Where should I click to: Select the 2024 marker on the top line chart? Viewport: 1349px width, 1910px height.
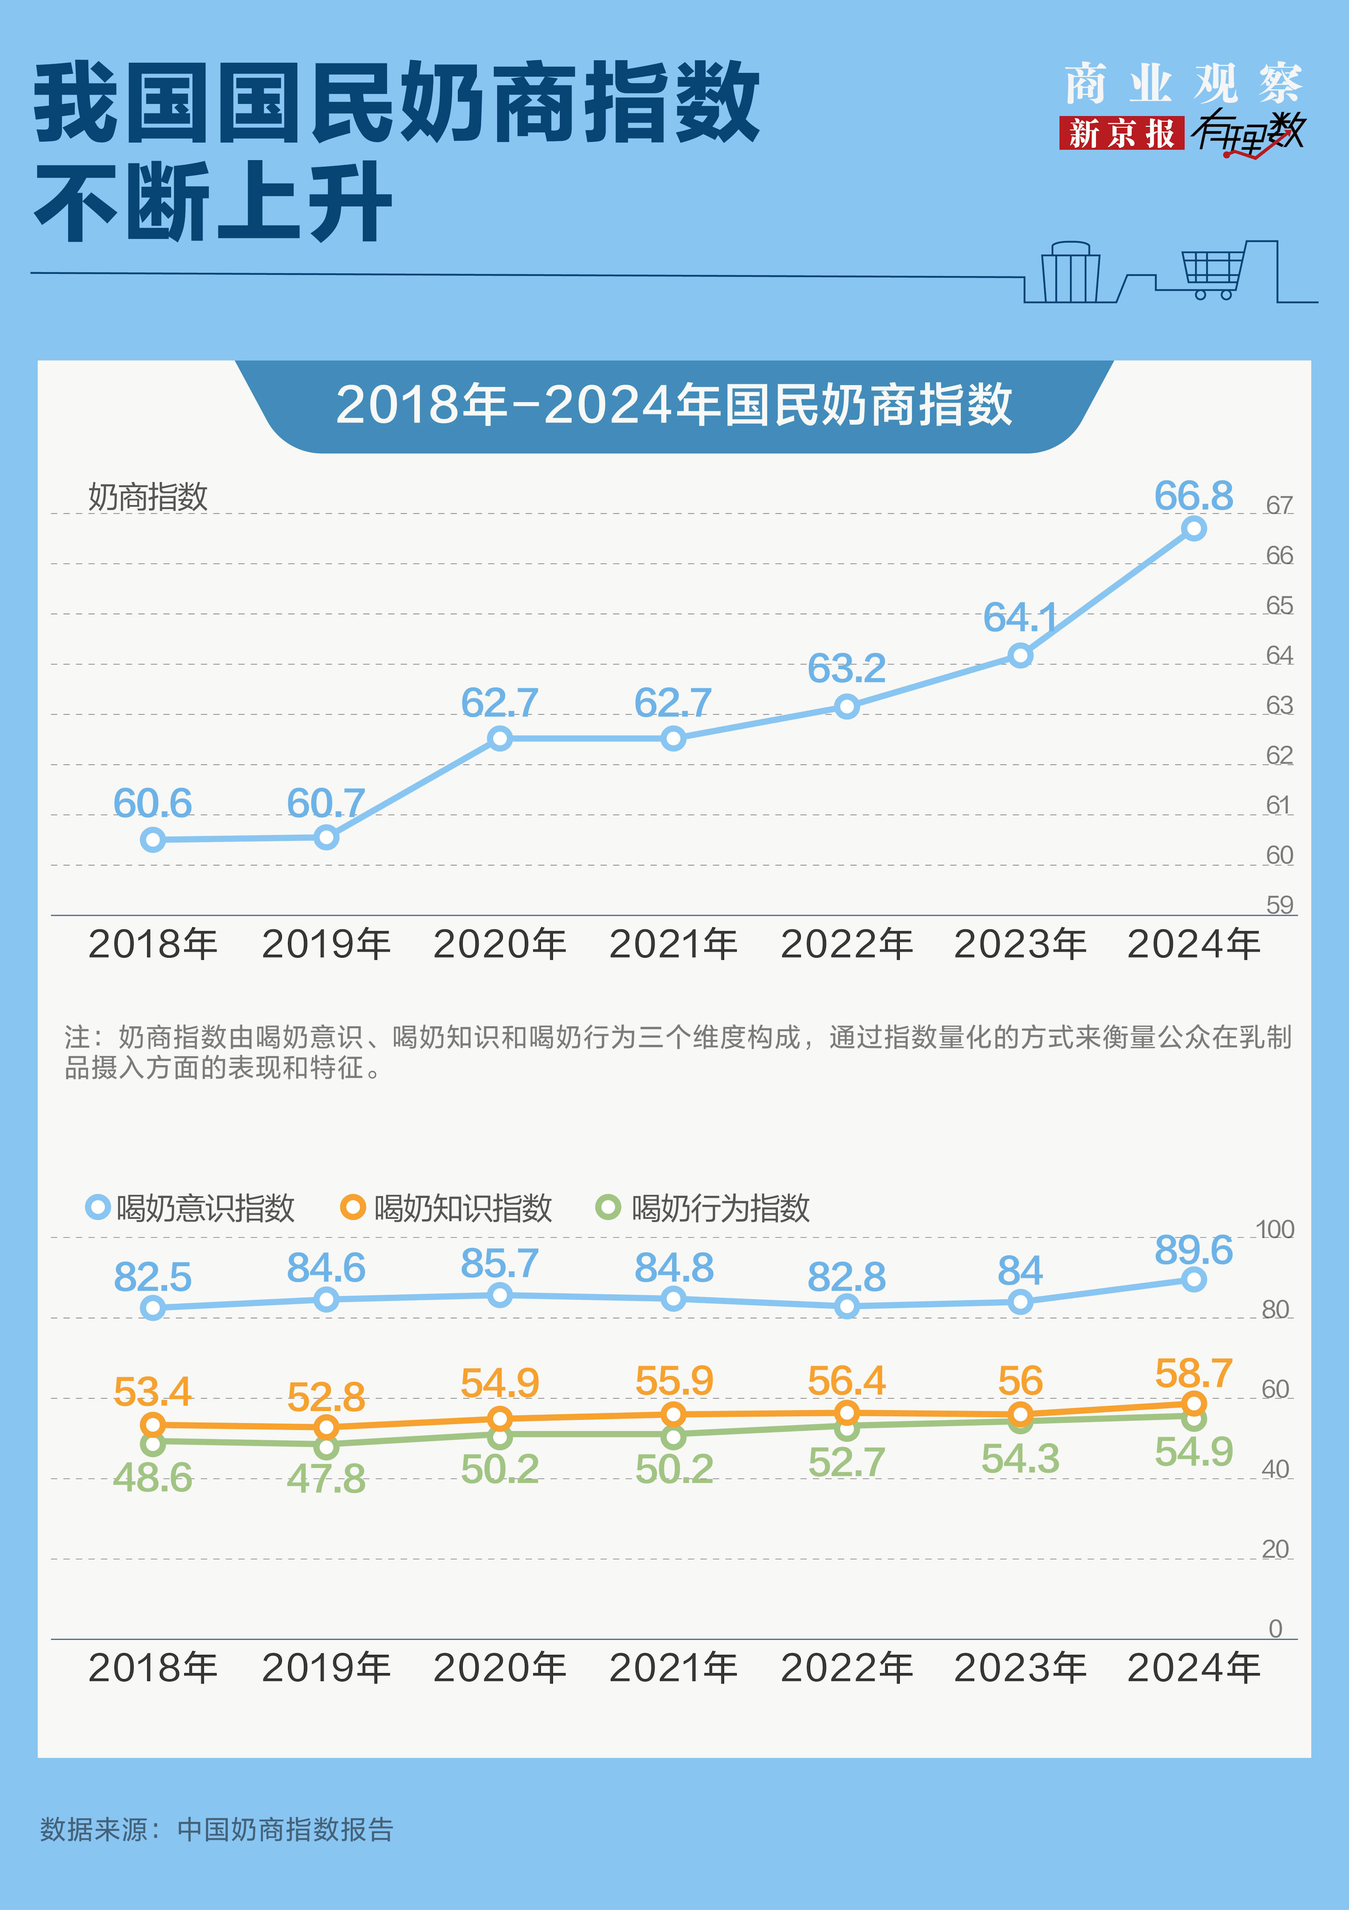coord(1193,528)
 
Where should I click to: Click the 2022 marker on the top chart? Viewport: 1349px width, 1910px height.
coord(847,707)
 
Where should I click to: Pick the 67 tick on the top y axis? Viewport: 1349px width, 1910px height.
coord(1279,505)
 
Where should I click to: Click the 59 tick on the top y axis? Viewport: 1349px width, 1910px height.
coord(1279,905)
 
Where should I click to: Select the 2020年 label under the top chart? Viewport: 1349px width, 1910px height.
coord(499,944)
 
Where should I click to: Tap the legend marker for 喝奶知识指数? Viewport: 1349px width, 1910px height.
coord(353,1207)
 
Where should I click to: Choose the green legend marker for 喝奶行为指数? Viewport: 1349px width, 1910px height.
coord(608,1207)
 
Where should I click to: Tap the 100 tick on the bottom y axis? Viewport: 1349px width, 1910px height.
coord(1274,1230)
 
